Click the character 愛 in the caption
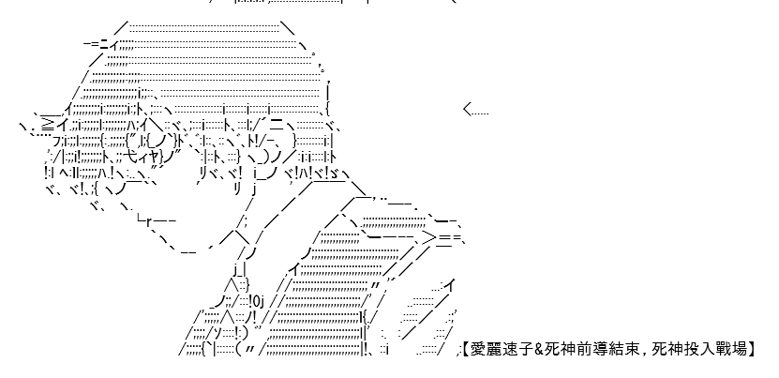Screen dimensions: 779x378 click(477, 349)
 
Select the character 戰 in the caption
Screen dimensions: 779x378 click(716, 349)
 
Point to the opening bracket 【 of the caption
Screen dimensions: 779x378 click(466, 349)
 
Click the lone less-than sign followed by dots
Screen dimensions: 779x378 click(476, 110)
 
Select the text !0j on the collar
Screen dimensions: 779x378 click(258, 301)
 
